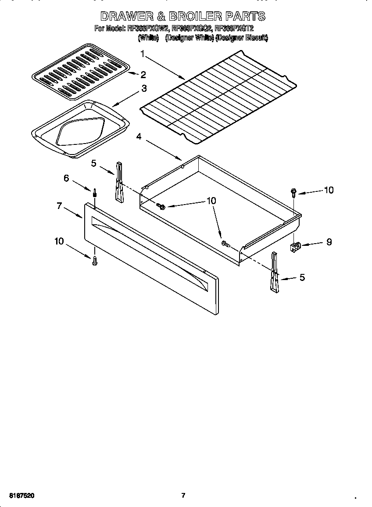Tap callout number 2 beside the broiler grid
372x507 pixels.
(x=143, y=75)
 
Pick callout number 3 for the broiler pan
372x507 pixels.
(x=143, y=88)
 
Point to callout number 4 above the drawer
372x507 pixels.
(x=139, y=137)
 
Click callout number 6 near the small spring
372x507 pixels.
(x=66, y=178)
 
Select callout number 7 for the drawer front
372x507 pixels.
(x=59, y=205)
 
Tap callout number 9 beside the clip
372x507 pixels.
(x=329, y=241)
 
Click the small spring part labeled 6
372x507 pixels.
(x=94, y=193)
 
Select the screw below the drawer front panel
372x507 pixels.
(x=94, y=261)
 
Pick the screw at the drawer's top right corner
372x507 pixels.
(x=293, y=192)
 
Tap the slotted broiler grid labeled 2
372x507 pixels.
(x=81, y=70)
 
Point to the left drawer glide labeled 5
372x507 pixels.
(x=119, y=182)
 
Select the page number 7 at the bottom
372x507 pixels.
(x=183, y=496)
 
